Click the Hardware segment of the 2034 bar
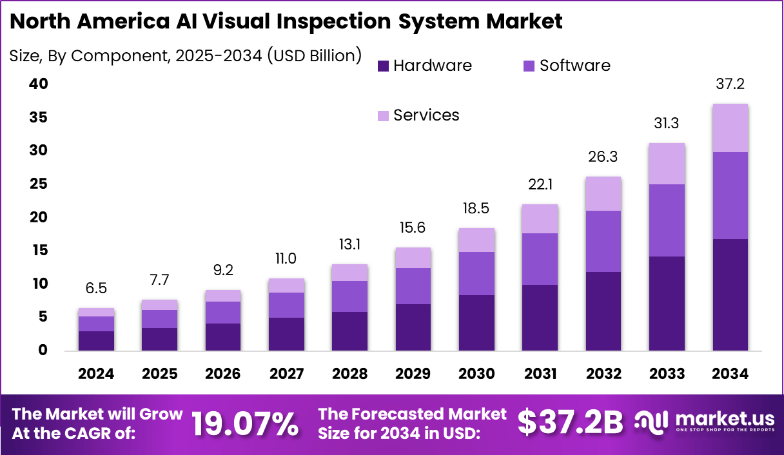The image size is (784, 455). pos(730,295)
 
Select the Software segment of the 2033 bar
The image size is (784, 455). pos(667,220)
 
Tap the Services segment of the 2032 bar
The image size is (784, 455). pos(603,193)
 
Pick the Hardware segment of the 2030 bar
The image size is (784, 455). pos(477,323)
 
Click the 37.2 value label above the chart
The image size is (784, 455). pos(730,84)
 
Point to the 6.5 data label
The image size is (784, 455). pos(97,289)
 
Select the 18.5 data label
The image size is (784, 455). pos(477,209)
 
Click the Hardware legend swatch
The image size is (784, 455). pos(383,66)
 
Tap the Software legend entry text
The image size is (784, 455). pos(574,66)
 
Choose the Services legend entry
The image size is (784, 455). pos(426,115)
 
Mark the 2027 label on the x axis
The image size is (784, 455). pos(286,374)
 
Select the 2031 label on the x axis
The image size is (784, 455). pos(540,374)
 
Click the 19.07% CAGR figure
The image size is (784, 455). pos(245,423)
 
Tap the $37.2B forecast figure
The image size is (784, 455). pos(571,423)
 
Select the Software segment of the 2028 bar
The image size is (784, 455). pos(350,296)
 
